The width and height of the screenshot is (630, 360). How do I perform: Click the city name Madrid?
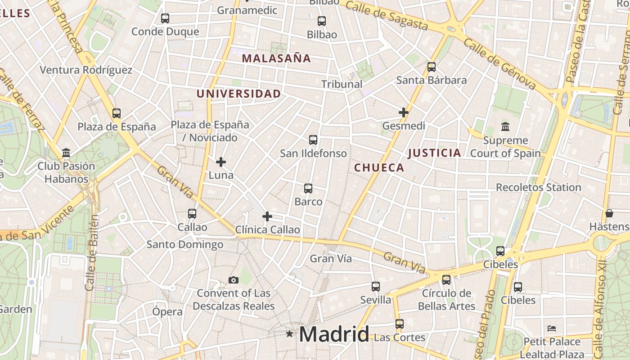[x=334, y=334]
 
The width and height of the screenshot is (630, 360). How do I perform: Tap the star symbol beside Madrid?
[x=289, y=334]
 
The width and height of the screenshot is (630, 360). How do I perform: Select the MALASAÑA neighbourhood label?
[x=276, y=58]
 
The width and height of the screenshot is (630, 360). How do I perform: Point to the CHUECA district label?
[x=379, y=168]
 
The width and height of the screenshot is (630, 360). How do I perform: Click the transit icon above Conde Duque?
[x=165, y=18]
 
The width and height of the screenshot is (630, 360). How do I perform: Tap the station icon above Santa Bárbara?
[x=432, y=67]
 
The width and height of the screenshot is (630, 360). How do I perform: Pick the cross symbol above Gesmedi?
[x=404, y=112]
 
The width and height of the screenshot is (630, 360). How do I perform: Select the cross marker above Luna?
[x=221, y=162]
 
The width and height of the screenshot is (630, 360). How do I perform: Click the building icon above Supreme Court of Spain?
[x=505, y=127]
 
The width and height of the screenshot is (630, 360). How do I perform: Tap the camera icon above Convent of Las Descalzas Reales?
[x=233, y=280]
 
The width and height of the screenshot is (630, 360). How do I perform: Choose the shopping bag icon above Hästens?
[x=609, y=213]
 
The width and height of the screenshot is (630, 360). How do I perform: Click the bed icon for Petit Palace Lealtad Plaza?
[x=552, y=328]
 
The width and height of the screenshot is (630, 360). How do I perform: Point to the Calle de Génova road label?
[x=499, y=63]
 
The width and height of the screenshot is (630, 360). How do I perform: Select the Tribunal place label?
[x=342, y=84]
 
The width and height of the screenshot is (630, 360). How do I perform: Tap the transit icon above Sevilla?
[x=376, y=286]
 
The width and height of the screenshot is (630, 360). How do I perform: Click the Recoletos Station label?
[x=538, y=187]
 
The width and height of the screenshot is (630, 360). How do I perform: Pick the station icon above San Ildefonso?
[x=313, y=140]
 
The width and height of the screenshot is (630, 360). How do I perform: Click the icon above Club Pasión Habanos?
[x=66, y=153]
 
